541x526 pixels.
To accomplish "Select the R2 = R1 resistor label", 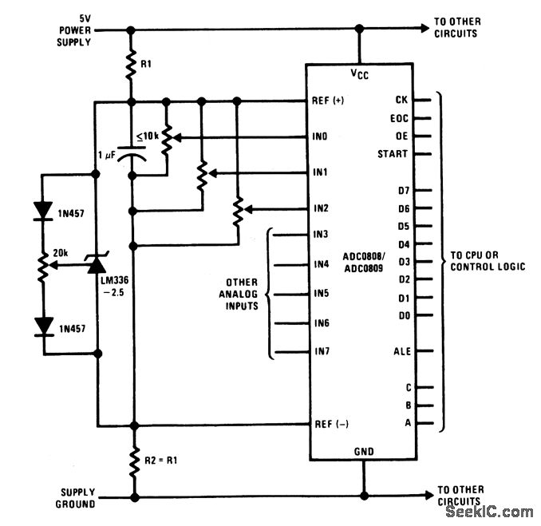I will [x=164, y=461].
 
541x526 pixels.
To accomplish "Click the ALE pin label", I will [x=401, y=351].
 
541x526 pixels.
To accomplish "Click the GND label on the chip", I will [x=363, y=452].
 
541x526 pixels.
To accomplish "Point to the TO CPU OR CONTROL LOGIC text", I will [x=488, y=261].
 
